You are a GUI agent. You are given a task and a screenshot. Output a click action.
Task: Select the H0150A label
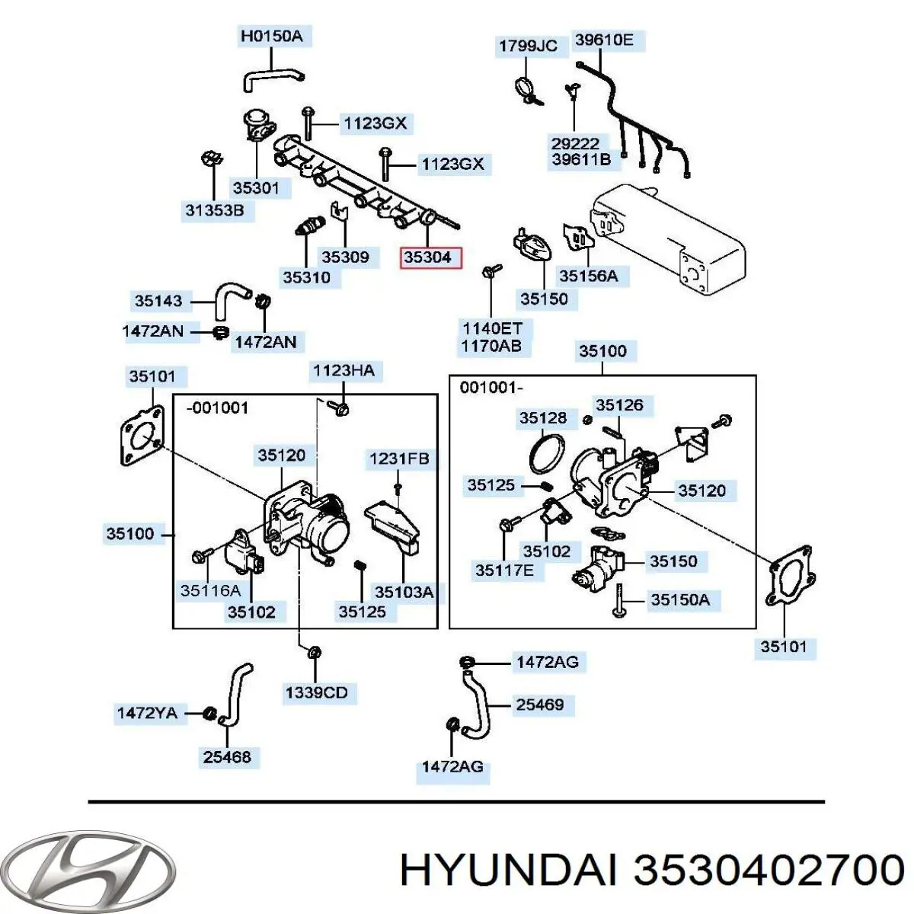(x=271, y=36)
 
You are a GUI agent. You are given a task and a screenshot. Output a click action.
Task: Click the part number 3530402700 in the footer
(x=769, y=870)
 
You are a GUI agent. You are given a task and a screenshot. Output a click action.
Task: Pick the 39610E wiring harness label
(x=603, y=40)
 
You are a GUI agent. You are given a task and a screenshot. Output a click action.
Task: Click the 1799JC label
(x=528, y=46)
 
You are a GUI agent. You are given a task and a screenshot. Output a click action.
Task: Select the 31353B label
(x=215, y=209)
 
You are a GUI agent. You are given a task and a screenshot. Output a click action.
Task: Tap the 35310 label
(x=306, y=277)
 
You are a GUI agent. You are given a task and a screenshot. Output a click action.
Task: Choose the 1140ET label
(x=492, y=328)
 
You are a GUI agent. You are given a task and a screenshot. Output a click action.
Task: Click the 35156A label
(x=589, y=276)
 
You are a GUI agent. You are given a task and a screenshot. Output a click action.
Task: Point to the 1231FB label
(x=399, y=459)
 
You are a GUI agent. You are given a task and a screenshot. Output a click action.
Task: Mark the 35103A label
(x=404, y=592)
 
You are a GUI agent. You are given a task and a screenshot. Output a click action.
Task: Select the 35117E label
(x=504, y=570)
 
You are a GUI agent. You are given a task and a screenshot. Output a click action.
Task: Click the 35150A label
(x=680, y=599)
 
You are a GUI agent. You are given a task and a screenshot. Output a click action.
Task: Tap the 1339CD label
(x=316, y=692)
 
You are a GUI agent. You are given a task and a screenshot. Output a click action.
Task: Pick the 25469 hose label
(x=540, y=705)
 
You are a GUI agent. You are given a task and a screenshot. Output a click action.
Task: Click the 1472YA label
(x=147, y=713)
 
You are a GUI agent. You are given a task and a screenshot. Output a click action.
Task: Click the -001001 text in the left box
(x=218, y=407)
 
